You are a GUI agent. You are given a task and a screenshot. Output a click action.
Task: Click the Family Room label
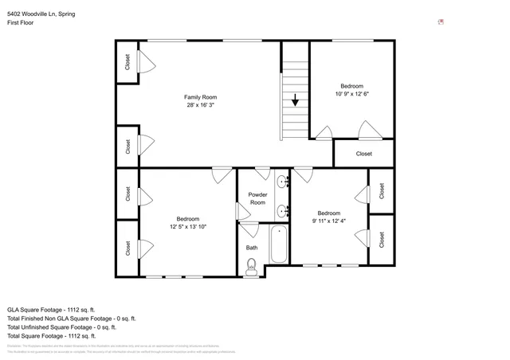[x=201, y=97]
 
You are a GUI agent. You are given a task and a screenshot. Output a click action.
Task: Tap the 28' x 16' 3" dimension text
[x=201, y=105]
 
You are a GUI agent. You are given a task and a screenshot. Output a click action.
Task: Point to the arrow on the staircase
[x=296, y=100]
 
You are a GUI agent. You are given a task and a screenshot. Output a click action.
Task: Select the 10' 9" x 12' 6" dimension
[x=351, y=94]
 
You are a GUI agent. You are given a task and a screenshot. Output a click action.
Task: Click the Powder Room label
[x=257, y=198]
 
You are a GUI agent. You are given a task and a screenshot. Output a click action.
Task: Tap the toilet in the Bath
[x=252, y=269]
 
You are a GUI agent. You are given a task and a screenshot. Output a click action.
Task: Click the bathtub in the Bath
[x=278, y=245]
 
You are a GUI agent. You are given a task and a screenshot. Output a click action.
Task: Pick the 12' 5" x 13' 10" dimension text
[x=188, y=227]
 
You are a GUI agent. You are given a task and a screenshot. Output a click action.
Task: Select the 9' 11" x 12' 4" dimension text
[x=329, y=221]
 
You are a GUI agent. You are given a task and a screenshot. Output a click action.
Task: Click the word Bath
[x=252, y=248]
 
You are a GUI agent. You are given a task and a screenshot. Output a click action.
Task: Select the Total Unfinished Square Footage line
[x=62, y=327]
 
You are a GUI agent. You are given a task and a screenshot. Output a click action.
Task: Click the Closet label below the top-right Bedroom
[x=363, y=154]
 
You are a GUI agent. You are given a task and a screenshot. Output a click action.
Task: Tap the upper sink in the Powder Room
[x=282, y=182]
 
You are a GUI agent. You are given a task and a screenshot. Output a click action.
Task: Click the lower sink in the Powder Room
[x=282, y=211]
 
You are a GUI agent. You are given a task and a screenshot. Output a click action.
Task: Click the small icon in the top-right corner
[x=441, y=22]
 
